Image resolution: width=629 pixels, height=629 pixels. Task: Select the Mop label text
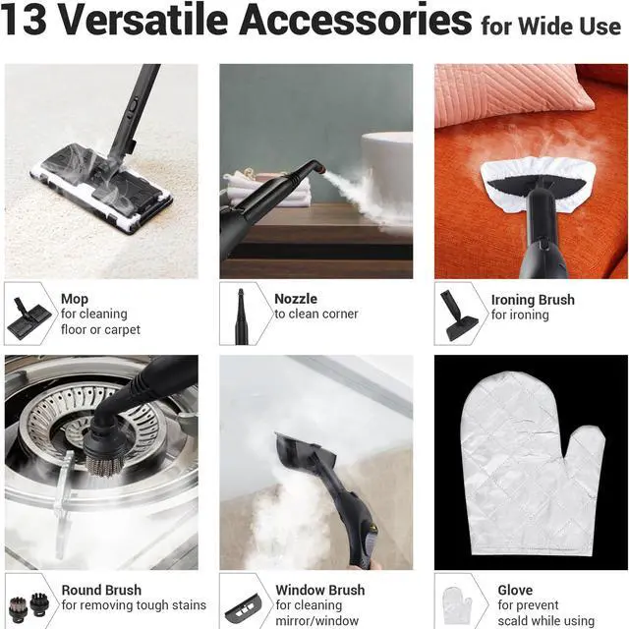click(x=75, y=299)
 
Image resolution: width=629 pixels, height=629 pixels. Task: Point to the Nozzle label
click(x=296, y=299)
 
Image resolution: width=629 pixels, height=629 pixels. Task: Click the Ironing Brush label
click(x=533, y=300)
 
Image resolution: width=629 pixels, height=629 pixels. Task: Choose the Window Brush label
click(x=319, y=590)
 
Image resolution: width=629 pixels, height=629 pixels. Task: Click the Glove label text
click(x=515, y=590)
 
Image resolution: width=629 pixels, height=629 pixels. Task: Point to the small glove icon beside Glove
click(x=457, y=602)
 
